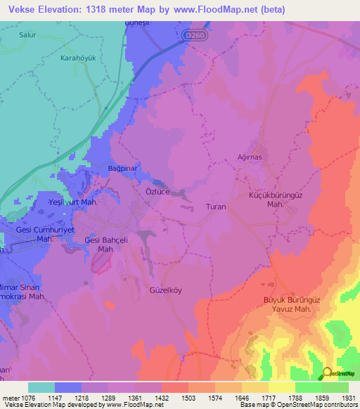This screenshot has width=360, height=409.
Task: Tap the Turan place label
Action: [214, 207]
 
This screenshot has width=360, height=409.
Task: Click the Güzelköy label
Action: [166, 290]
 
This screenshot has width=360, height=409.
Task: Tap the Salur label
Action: [30, 34]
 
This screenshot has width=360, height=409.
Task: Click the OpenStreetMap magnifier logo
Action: [326, 373]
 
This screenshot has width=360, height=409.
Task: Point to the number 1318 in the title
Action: [108, 8]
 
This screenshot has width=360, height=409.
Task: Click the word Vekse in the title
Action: [25, 8]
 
